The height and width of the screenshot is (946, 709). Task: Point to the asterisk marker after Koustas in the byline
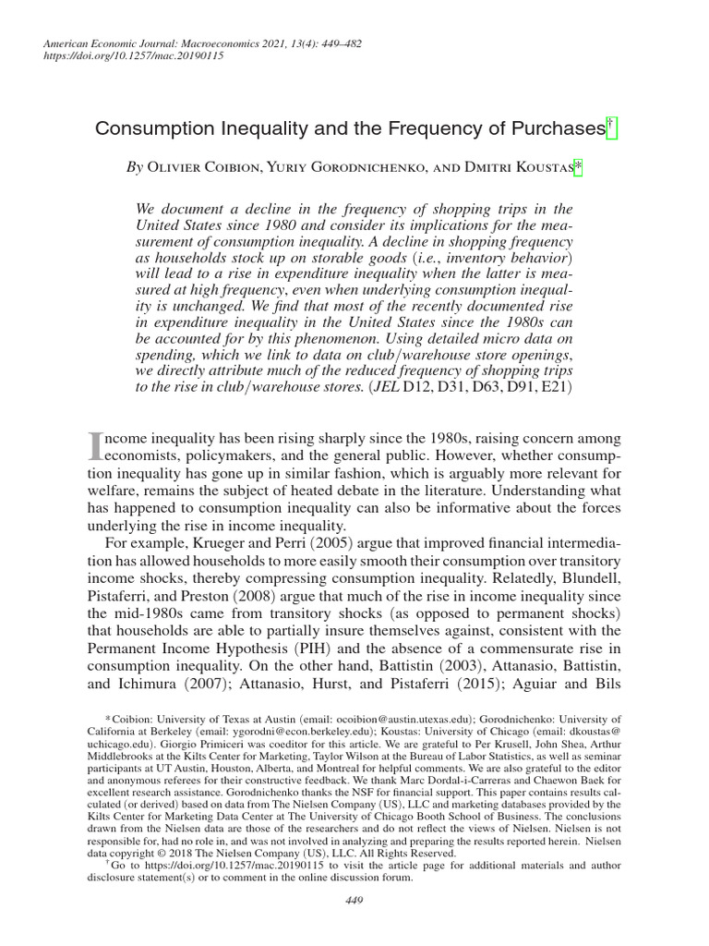coord(578,167)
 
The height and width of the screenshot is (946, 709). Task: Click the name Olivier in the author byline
coord(181,169)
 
